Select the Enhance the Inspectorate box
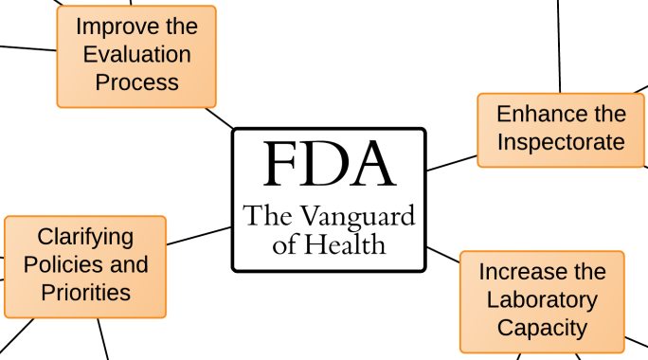point(561,129)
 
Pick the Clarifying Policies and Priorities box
point(85,265)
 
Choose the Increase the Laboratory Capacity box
point(542,301)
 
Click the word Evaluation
point(136,54)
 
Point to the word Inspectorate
point(561,142)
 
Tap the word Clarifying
point(85,237)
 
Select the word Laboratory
point(542,300)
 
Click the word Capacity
point(542,328)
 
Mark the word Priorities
point(85,292)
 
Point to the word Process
point(136,82)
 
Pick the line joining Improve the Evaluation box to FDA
point(220,117)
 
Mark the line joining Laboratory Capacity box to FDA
point(442,254)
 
